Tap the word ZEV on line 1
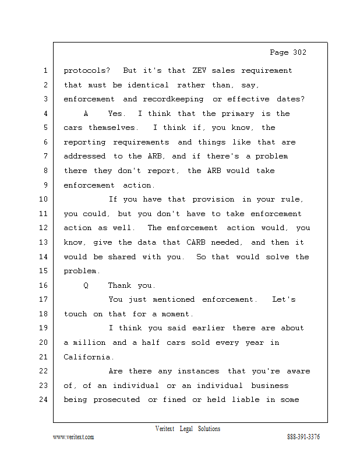(197, 70)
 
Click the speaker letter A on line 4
(86, 114)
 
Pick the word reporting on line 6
(86, 142)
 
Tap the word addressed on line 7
(85, 156)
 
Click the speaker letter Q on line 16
(86, 285)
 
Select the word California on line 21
(88, 357)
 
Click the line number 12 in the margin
(44, 228)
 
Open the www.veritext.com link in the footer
(73, 437)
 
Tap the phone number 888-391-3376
(303, 437)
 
